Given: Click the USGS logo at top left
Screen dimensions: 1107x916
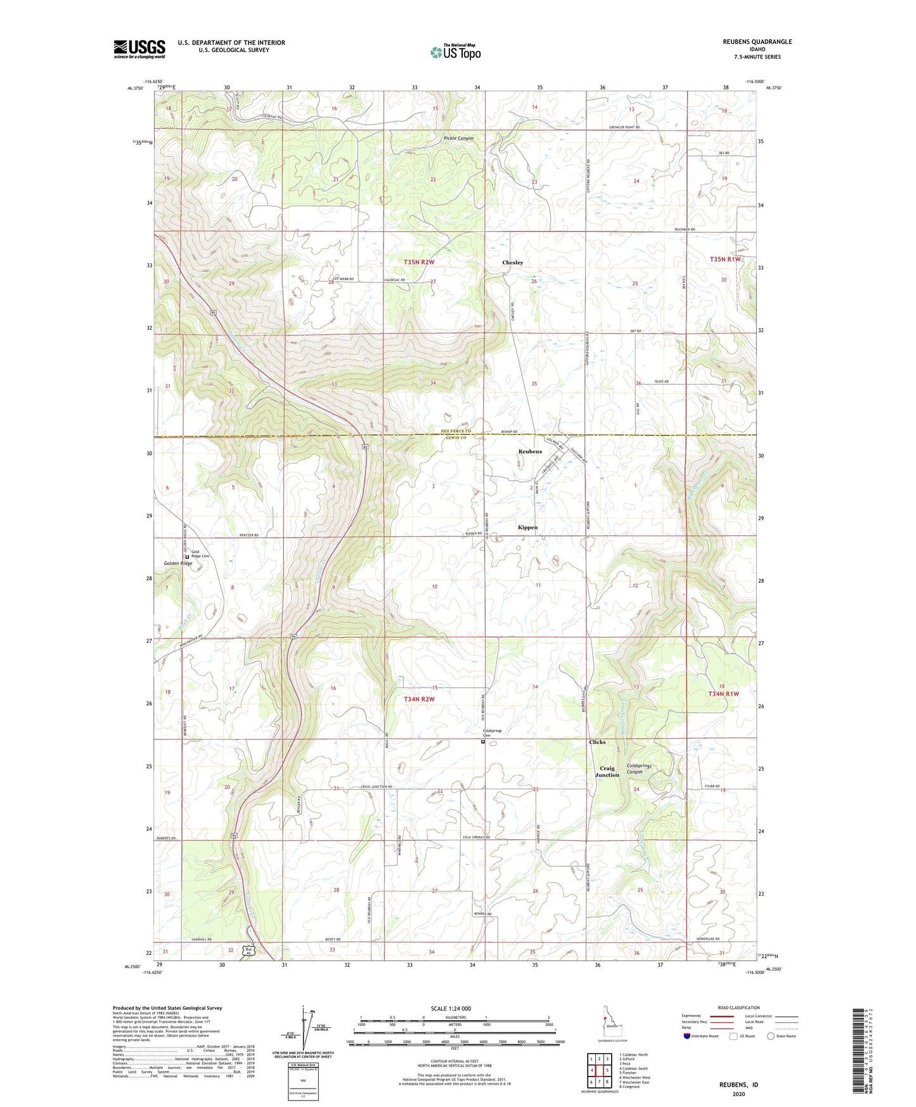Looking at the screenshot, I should pyautogui.click(x=139, y=49).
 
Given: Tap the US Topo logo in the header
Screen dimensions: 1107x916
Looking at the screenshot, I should pyautogui.click(x=455, y=52).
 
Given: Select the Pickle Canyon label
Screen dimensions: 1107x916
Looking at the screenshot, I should pyautogui.click(x=458, y=138).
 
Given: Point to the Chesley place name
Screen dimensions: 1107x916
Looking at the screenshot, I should pyautogui.click(x=512, y=262).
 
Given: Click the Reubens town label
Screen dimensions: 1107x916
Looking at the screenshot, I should pyautogui.click(x=530, y=451).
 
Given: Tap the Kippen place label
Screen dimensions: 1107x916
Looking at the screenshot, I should pyautogui.click(x=527, y=528).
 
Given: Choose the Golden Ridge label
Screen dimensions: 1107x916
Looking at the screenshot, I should pyautogui.click(x=177, y=564).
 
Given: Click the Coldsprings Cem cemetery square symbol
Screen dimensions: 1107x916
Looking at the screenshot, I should pyautogui.click(x=482, y=741).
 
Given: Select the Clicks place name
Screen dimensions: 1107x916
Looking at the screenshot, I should pyautogui.click(x=597, y=742).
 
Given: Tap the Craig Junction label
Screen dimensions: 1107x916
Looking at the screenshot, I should pyautogui.click(x=607, y=772).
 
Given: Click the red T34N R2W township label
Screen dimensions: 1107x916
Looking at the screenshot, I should pyautogui.click(x=419, y=699).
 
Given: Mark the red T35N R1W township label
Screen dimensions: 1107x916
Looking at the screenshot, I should pyautogui.click(x=725, y=259).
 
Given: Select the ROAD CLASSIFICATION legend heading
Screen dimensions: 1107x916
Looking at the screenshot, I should pyautogui.click(x=739, y=1007).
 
